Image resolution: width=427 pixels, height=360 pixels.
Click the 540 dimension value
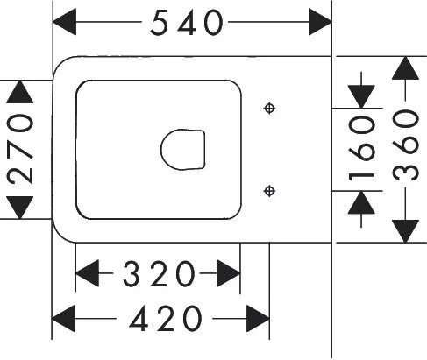click(187, 23)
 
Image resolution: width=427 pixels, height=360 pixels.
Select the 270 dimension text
click(20, 150)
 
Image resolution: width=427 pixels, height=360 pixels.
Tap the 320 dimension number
click(159, 273)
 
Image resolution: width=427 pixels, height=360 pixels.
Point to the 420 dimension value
click(166, 319)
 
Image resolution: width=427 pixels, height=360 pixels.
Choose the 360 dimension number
click(405, 145)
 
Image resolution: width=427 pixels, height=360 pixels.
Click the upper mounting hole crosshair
click(269, 109)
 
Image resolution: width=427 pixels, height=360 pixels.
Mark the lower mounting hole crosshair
click(269, 191)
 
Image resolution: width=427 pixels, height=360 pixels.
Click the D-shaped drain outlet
click(183, 150)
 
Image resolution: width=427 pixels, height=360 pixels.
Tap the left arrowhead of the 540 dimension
click(64, 22)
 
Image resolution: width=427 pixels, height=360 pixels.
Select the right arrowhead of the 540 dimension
click(320, 22)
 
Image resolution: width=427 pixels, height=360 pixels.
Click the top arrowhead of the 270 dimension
click(20, 92)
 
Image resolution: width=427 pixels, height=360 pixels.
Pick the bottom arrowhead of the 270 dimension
click(20, 208)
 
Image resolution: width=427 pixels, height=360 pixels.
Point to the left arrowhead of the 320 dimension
click(87, 273)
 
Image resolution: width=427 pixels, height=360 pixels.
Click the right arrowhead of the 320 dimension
click(229, 273)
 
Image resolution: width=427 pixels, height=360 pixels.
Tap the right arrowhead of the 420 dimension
click(258, 319)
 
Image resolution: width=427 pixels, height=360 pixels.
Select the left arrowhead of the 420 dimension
click(63, 319)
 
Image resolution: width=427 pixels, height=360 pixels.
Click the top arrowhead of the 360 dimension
click(405, 68)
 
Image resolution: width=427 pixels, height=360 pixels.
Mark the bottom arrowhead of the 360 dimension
click(405, 231)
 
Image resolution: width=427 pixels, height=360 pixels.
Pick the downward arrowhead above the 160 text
click(361, 96)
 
